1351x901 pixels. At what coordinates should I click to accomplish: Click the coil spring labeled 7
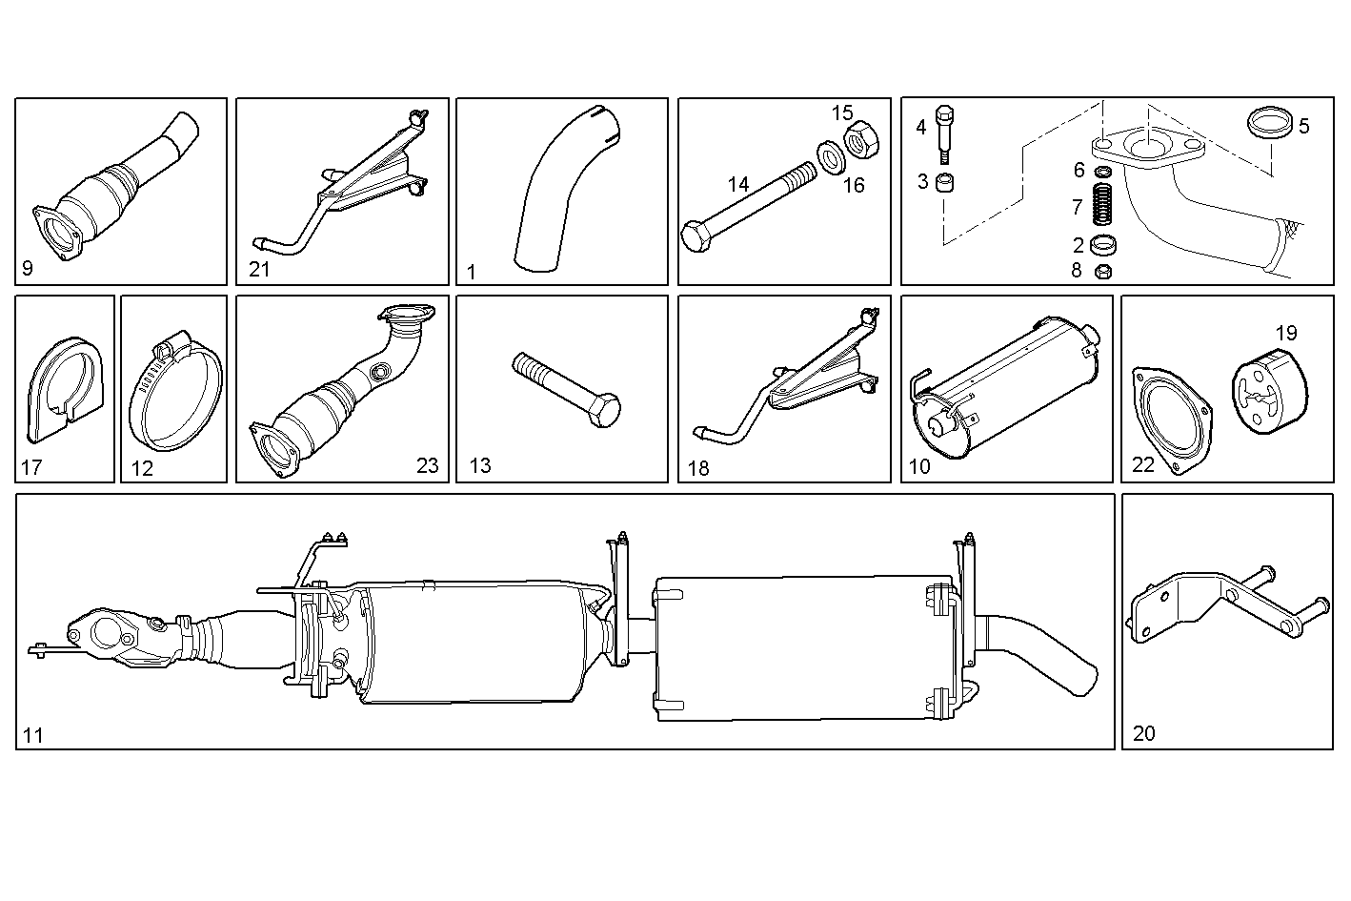click(1103, 206)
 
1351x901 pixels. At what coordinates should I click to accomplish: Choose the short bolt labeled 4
click(944, 133)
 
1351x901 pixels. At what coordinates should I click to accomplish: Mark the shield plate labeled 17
click(62, 391)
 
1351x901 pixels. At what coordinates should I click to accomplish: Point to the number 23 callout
click(428, 465)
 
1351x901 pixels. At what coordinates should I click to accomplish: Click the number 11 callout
click(33, 735)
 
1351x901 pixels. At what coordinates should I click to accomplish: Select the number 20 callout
click(1143, 733)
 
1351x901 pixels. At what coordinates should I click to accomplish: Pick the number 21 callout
click(259, 269)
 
